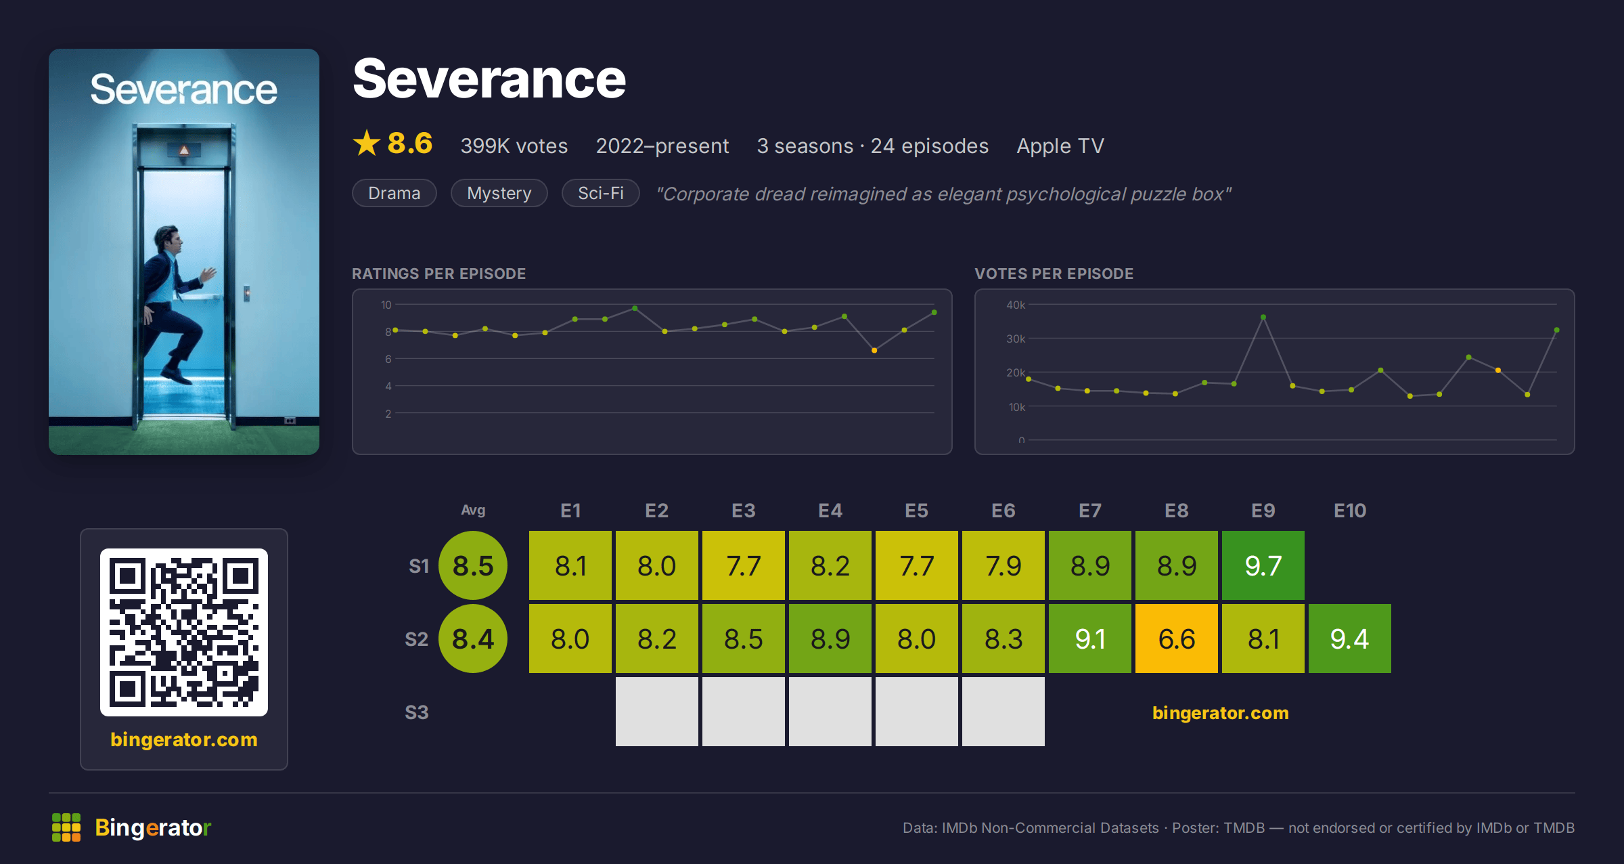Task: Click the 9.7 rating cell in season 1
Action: click(1263, 565)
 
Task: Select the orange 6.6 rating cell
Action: click(1177, 639)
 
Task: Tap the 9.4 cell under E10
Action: click(1350, 639)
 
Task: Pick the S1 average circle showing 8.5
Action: click(473, 565)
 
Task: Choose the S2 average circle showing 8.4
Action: click(473, 639)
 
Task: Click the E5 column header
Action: click(916, 511)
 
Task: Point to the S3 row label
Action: click(417, 712)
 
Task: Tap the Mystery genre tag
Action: click(499, 193)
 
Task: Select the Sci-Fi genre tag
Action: click(601, 193)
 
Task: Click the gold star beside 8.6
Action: click(367, 143)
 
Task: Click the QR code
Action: click(184, 632)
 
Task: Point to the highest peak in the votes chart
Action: click(1263, 317)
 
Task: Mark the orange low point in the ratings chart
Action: click(874, 350)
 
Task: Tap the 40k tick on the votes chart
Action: click(1016, 305)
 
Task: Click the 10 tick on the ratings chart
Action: click(386, 305)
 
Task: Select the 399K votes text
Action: click(514, 146)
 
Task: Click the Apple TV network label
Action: click(1060, 146)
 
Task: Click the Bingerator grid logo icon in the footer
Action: click(66, 827)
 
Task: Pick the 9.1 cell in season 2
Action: click(1090, 639)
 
